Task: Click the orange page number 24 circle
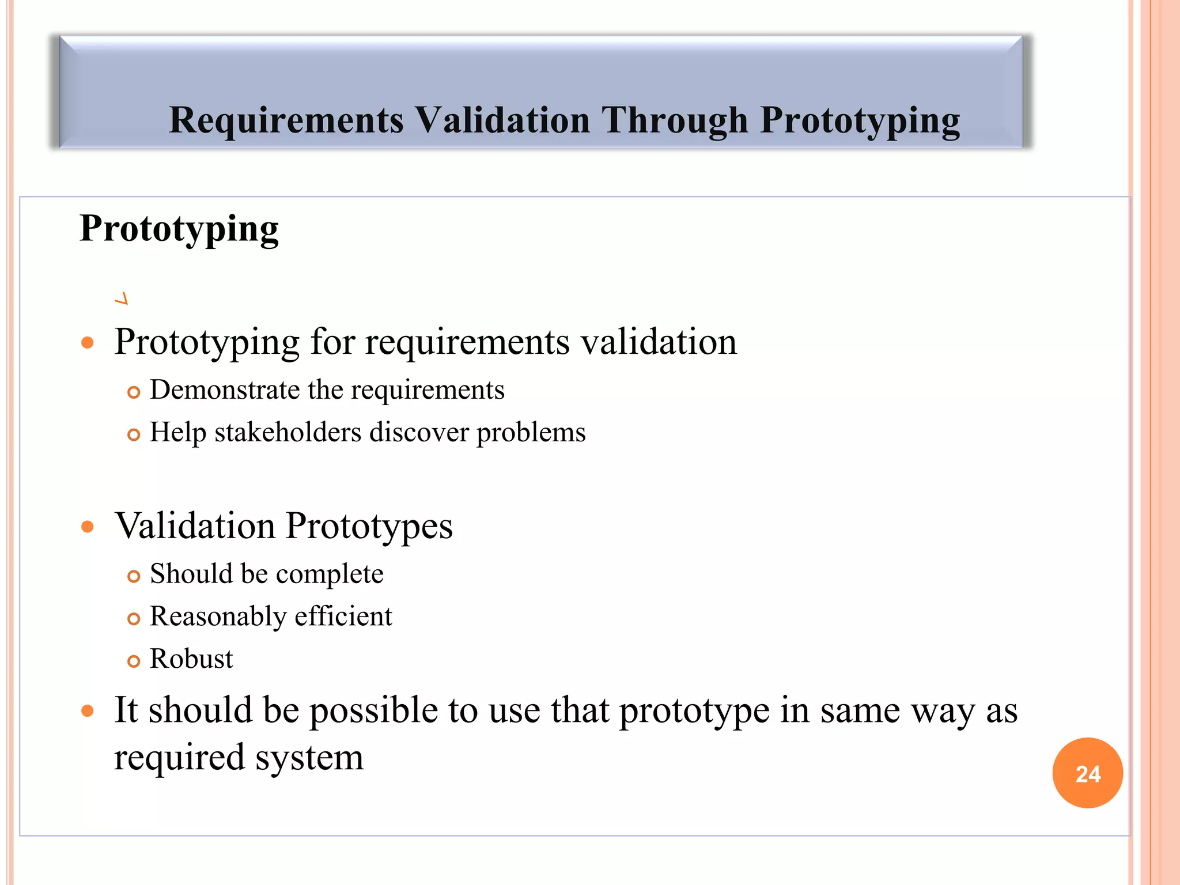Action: (x=1087, y=773)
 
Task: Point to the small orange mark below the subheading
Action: (x=122, y=298)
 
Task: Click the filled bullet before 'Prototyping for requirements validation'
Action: (x=88, y=343)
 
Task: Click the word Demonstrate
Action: (x=225, y=389)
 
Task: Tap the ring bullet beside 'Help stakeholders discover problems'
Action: (x=134, y=435)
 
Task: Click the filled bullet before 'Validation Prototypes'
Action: (x=88, y=527)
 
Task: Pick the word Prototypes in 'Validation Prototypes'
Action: (x=369, y=527)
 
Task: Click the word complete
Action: (x=330, y=574)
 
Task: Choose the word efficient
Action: (x=343, y=616)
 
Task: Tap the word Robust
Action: (x=191, y=659)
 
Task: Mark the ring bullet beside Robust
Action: (x=134, y=661)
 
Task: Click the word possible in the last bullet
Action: (x=373, y=710)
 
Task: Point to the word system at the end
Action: (x=309, y=757)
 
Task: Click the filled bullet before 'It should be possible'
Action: (x=88, y=711)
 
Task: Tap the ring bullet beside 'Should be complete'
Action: (x=134, y=577)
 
